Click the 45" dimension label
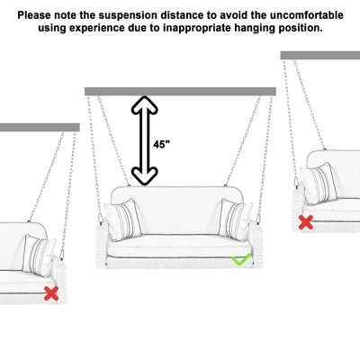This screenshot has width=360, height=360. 161,144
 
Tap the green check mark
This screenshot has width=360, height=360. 240,260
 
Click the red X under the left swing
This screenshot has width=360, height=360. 52,292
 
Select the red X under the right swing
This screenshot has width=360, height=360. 305,221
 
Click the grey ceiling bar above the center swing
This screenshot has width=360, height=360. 180,91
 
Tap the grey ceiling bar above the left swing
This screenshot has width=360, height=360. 27,128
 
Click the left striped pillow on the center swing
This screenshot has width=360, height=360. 124,220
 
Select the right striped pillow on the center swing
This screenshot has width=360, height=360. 236,220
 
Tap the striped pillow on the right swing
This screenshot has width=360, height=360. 317,184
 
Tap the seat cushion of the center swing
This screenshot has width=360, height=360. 180,244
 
